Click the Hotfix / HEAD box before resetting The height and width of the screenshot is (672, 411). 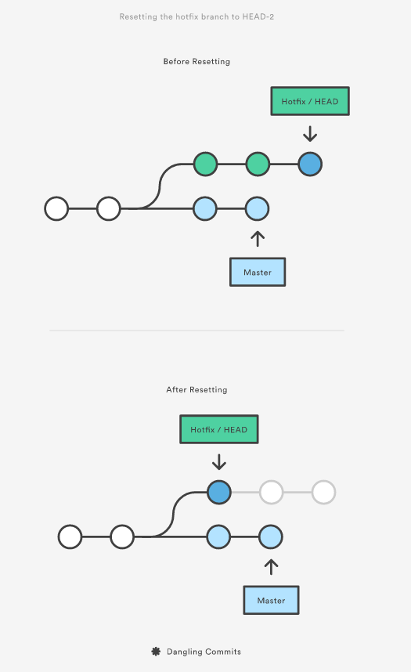(x=310, y=101)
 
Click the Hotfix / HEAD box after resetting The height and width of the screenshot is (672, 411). (x=219, y=429)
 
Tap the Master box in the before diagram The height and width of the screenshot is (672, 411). (x=258, y=272)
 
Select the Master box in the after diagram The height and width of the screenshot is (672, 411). (x=272, y=601)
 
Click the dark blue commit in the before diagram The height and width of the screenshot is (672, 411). (x=310, y=164)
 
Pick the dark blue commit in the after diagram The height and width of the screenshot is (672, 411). (x=219, y=493)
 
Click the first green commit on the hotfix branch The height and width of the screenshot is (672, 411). (x=205, y=164)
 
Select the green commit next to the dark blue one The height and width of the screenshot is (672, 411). (x=258, y=164)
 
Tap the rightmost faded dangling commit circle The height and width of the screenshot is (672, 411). (x=323, y=493)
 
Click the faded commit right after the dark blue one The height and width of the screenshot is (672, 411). (x=272, y=493)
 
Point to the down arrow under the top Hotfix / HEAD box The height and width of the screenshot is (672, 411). (x=310, y=134)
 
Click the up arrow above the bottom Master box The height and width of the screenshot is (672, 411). (x=272, y=566)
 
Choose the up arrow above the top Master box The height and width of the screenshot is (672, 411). (x=258, y=239)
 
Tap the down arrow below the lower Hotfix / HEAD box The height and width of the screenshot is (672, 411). (x=219, y=462)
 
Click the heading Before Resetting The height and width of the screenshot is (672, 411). (x=196, y=62)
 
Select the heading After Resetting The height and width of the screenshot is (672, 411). (x=196, y=390)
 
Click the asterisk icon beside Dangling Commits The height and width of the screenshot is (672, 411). (x=156, y=652)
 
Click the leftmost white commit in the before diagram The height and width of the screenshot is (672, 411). (x=56, y=208)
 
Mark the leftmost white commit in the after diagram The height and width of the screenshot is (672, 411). (x=70, y=537)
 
